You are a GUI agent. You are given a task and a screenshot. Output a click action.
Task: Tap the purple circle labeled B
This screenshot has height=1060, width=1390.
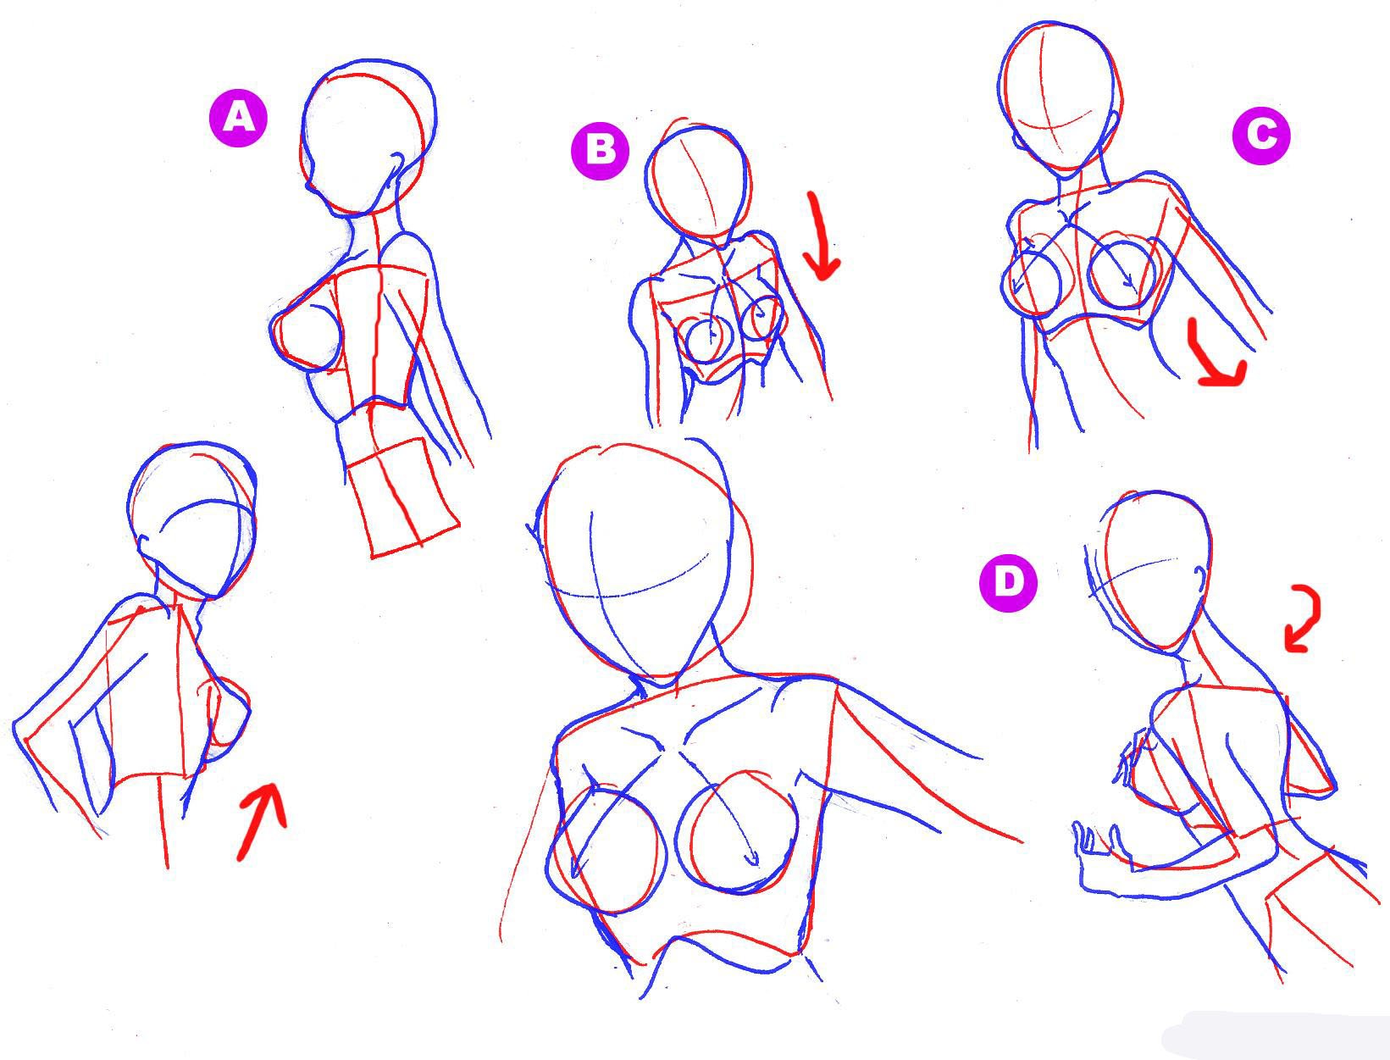(600, 150)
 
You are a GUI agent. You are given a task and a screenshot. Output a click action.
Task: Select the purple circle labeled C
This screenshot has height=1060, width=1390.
(1260, 135)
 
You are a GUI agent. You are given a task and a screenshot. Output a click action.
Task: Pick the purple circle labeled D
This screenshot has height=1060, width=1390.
(1008, 581)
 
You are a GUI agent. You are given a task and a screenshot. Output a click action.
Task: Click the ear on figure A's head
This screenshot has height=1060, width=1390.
(396, 164)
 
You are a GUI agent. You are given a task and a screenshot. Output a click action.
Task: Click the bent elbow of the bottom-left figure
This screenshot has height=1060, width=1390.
(22, 728)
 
